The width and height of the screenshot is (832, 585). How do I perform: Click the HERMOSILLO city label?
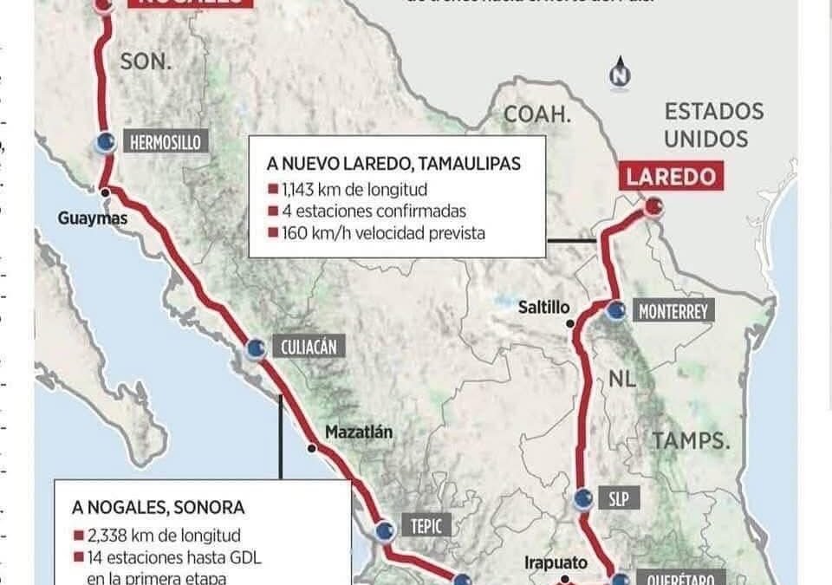tap(167, 141)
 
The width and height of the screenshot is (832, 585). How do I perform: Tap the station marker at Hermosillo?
tap(105, 143)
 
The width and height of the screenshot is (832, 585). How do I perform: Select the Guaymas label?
tap(93, 218)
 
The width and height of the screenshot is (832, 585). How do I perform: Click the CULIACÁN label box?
tap(308, 348)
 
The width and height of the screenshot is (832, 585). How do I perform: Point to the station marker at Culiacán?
tap(255, 348)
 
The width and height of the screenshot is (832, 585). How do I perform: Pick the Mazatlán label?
tap(359, 431)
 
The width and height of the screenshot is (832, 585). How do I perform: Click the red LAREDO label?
tap(672, 178)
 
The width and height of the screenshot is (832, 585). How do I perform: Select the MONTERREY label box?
tap(673, 310)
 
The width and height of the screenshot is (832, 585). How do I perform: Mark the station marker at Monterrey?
tap(616, 310)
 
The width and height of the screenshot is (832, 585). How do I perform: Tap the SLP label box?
tap(618, 498)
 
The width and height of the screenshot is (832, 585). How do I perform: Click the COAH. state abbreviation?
tap(537, 114)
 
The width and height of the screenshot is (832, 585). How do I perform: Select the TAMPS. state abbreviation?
tap(691, 440)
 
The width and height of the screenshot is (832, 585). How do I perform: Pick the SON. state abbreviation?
tap(146, 61)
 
